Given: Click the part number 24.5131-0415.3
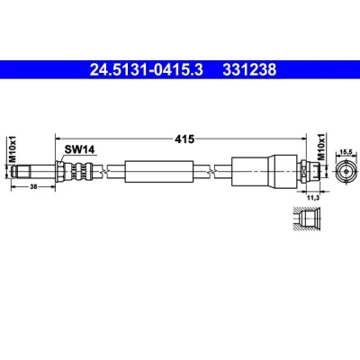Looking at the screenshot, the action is pos(147,70).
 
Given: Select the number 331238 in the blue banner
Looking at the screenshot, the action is pos(249,70).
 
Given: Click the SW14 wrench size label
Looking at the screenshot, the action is pos(79,149).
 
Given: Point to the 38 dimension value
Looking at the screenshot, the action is pos(33,186).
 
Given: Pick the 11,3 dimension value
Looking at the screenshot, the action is pos(313,197).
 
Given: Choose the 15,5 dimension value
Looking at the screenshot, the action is pos(346,152).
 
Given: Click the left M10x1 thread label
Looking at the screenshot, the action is pos(13,148).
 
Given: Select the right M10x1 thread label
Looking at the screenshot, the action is pos(321,147).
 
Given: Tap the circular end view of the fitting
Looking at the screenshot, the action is pos(346,171).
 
